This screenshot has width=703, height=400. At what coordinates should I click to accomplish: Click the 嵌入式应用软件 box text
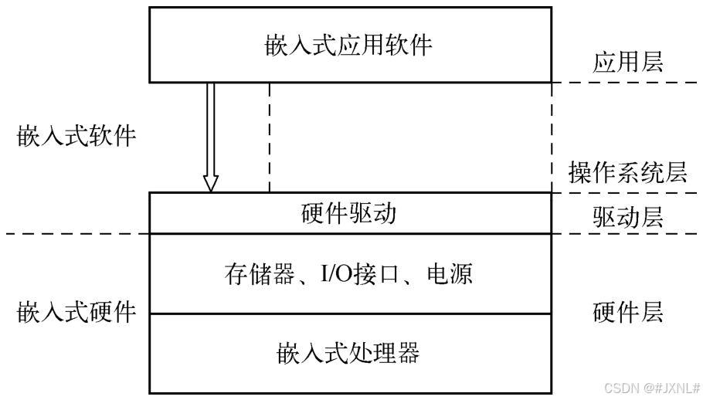tap(349, 45)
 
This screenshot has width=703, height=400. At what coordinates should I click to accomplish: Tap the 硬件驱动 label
tap(348, 213)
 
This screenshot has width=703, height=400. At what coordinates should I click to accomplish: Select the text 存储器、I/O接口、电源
tap(349, 274)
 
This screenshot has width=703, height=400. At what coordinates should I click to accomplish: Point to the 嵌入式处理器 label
tap(348, 354)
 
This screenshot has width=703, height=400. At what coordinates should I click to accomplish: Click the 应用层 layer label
tap(627, 63)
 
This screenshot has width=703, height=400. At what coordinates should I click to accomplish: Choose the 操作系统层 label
tap(627, 172)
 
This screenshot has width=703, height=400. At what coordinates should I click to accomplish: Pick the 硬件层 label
tap(627, 313)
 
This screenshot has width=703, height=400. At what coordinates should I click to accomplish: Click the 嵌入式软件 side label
tap(76, 137)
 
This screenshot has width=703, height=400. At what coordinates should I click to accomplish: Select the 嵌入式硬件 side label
tap(76, 313)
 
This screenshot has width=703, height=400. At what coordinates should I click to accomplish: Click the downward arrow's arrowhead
tap(210, 184)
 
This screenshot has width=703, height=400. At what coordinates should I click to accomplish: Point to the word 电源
tap(450, 274)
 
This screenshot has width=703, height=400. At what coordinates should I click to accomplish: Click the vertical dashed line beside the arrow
tap(269, 137)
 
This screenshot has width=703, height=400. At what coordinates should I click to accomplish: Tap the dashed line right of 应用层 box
tap(626, 83)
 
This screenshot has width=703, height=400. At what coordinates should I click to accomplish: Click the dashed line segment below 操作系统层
tap(626, 193)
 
